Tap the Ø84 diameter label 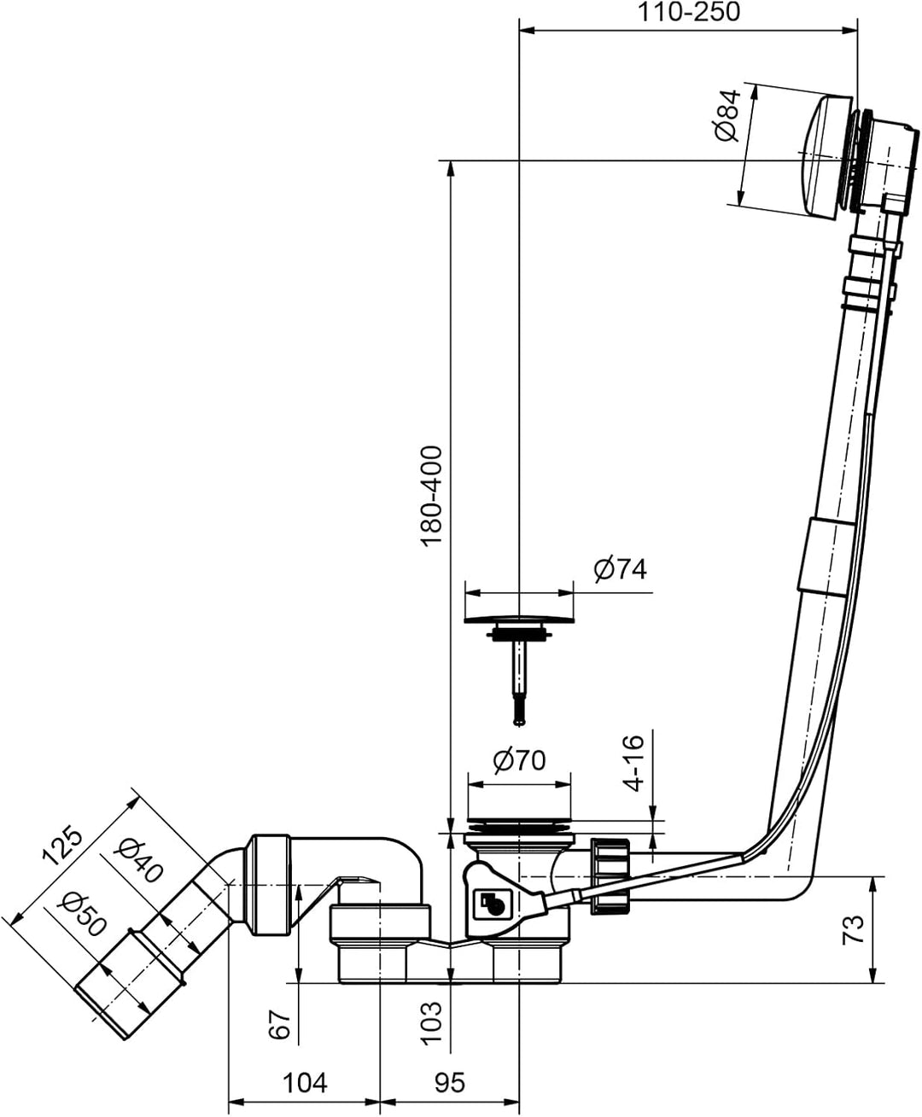(728, 115)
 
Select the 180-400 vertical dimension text (431, 496)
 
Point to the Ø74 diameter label (620, 569)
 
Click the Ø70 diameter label (520, 760)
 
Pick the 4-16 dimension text (634, 763)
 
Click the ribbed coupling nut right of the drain (610, 876)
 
